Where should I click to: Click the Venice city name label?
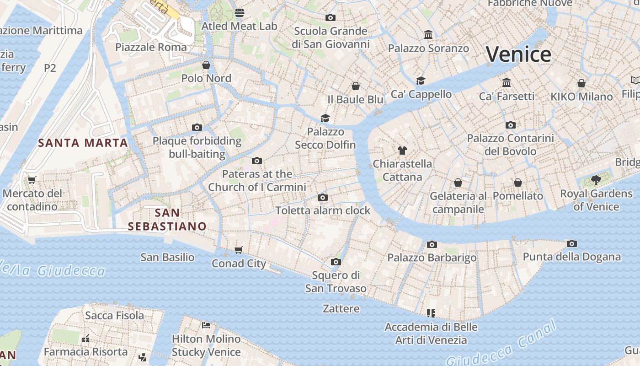[518, 54]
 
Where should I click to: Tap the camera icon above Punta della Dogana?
[571, 243]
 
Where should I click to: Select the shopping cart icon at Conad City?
[238, 250]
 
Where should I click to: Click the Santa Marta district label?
[83, 143]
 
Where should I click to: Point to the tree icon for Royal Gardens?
[596, 180]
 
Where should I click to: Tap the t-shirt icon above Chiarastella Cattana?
[402, 150]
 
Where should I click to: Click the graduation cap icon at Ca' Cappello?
[421, 81]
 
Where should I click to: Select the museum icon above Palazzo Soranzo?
[428, 34]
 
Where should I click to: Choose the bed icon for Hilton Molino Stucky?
[206, 325]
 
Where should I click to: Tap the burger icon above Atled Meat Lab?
[239, 12]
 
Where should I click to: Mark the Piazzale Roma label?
[151, 47]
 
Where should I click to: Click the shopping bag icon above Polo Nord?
[206, 65]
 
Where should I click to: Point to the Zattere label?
[341, 309]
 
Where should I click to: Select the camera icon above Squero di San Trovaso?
[336, 262]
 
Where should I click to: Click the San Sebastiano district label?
[167, 219]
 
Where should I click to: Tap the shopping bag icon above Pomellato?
[517, 183]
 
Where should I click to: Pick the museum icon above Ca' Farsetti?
[506, 83]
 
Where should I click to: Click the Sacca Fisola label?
[114, 315]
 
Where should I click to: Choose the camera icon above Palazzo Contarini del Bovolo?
[510, 125]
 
